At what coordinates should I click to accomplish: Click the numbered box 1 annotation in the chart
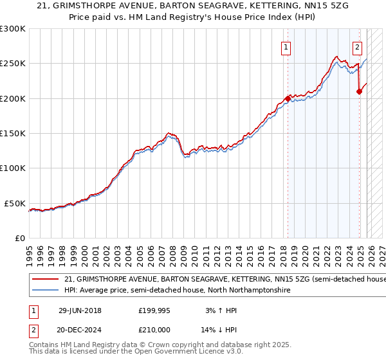[x=285, y=46]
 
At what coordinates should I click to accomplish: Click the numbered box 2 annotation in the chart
[x=357, y=46]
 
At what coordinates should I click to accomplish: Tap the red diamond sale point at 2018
[x=288, y=99]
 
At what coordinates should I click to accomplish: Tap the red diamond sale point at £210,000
[x=359, y=92]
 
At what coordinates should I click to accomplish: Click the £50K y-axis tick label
[x=15, y=203]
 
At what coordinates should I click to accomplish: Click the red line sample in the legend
[x=45, y=280]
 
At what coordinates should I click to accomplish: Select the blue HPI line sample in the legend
[x=45, y=291]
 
